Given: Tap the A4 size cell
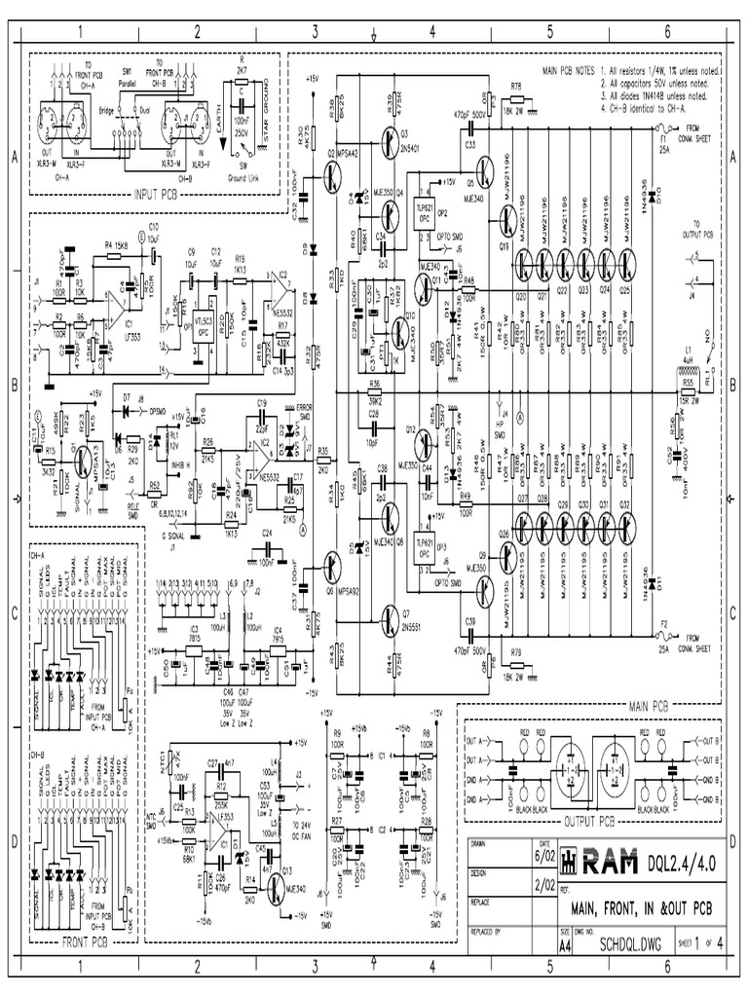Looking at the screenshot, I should coord(564,945).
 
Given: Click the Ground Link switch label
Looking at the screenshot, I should coord(242,179).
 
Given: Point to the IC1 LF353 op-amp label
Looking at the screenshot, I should coord(124,324).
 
